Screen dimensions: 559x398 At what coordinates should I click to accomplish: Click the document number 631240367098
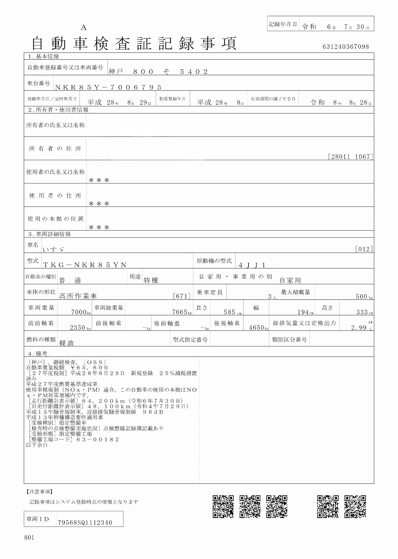(x=346, y=47)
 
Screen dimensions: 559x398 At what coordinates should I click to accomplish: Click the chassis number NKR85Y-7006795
(x=108, y=87)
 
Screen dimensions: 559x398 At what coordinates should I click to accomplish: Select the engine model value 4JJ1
(x=252, y=265)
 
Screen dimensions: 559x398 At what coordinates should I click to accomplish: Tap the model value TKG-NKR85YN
(x=85, y=265)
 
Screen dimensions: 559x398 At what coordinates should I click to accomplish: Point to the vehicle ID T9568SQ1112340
(x=85, y=522)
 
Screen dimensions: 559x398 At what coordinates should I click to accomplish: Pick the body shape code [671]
(x=182, y=296)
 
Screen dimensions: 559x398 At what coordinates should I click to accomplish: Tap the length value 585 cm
(x=232, y=312)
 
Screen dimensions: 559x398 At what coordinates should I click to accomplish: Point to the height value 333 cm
(x=364, y=312)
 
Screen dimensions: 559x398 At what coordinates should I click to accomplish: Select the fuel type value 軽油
(x=66, y=343)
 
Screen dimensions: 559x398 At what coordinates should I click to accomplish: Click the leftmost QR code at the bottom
(x=223, y=506)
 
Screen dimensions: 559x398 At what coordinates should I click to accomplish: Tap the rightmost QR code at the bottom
(x=355, y=506)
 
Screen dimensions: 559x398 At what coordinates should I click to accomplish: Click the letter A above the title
(x=83, y=28)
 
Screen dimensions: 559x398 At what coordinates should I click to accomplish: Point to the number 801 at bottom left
(x=29, y=538)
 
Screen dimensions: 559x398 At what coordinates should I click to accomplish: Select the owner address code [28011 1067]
(x=350, y=157)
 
